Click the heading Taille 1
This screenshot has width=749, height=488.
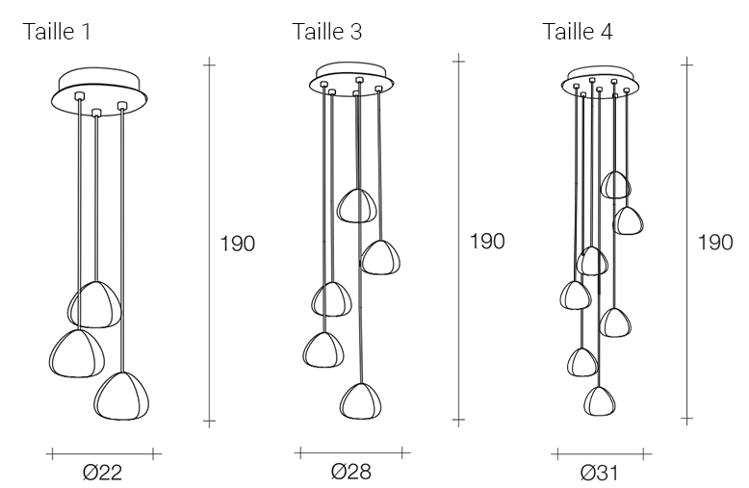[x=57, y=32]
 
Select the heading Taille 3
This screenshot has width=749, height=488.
[x=327, y=32]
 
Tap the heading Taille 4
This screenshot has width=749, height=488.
[x=578, y=32]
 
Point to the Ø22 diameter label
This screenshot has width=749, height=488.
[x=103, y=473]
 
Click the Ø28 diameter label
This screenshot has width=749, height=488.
[x=351, y=472]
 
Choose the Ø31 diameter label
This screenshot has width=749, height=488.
[x=600, y=473]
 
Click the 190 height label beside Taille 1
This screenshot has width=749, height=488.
[x=238, y=244]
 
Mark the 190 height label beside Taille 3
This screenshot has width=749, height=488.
[x=487, y=242]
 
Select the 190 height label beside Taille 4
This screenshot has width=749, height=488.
[x=715, y=243]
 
